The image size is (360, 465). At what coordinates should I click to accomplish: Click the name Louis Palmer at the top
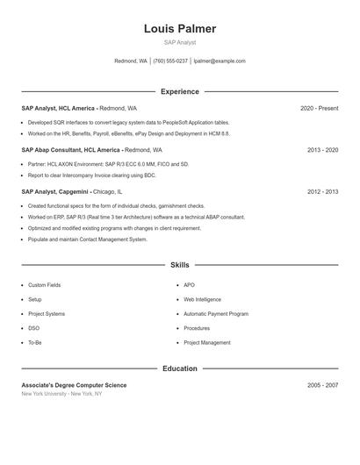[x=180, y=29]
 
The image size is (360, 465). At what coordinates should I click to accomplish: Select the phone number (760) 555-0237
[x=170, y=61]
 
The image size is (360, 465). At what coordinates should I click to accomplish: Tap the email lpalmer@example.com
[x=220, y=61]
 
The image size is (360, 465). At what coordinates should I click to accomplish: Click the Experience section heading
[x=180, y=91]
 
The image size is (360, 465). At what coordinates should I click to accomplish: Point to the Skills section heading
[x=180, y=265]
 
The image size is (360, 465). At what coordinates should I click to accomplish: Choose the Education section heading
[x=180, y=368]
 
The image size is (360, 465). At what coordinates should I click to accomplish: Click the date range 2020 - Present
[x=319, y=108]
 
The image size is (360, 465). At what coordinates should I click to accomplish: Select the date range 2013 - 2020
[x=322, y=150]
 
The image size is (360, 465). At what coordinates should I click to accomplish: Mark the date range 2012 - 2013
[x=322, y=191]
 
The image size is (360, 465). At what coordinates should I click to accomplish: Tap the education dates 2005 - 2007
[x=322, y=385]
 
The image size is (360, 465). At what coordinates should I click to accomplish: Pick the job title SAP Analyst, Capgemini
[x=54, y=191]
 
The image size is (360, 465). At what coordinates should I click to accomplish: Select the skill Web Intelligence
[x=203, y=300]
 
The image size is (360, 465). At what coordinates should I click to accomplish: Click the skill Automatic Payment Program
[x=216, y=314]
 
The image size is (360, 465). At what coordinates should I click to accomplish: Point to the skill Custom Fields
[x=44, y=285]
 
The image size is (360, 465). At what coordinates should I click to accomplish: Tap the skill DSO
[x=33, y=328]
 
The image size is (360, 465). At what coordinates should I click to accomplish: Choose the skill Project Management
[x=207, y=343]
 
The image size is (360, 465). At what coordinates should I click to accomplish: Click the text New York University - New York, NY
[x=61, y=394]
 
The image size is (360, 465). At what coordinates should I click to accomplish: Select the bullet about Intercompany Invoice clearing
[x=91, y=175]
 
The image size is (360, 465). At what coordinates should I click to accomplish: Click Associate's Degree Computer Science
[x=74, y=385]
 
